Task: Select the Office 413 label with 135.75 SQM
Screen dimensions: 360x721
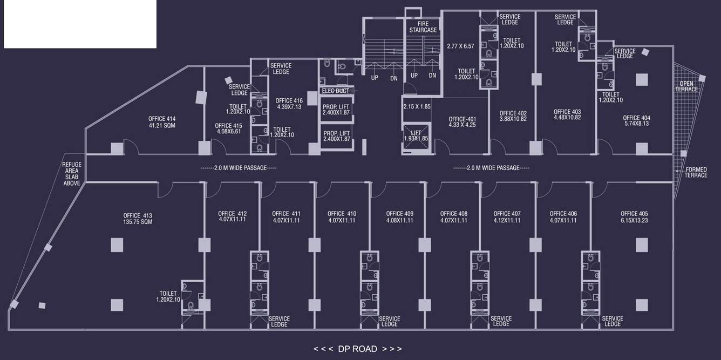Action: click(x=138, y=218)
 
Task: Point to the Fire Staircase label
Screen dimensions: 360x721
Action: click(x=423, y=27)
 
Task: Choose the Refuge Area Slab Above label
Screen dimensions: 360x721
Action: click(x=72, y=174)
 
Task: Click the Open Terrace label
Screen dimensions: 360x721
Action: click(x=686, y=86)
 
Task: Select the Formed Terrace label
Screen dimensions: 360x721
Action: click(x=696, y=172)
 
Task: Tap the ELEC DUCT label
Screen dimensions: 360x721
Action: click(x=336, y=91)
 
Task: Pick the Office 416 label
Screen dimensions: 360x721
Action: click(x=289, y=104)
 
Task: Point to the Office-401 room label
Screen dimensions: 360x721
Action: click(x=462, y=121)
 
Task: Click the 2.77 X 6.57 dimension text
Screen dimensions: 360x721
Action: click(x=460, y=46)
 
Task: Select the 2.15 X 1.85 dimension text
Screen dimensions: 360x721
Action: click(x=417, y=107)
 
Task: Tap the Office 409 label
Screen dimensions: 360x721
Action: click(x=399, y=216)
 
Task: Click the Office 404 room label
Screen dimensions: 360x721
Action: click(x=636, y=120)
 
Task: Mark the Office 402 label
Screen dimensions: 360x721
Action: click(x=513, y=116)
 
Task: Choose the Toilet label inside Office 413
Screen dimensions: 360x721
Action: click(x=168, y=296)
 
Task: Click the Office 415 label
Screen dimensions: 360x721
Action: click(x=228, y=128)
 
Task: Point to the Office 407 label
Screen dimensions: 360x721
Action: click(x=507, y=216)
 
